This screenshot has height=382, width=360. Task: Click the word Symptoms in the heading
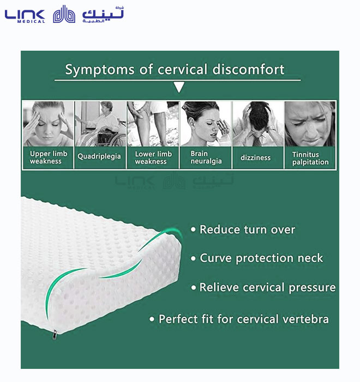coord(100,70)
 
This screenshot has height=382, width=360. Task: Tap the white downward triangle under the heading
coord(179,87)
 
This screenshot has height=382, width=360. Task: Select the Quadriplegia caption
coord(99,156)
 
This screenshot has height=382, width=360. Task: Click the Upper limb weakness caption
coord(49,157)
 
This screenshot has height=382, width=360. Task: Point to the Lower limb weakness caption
coord(153,157)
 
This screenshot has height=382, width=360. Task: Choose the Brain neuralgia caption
coord(206,157)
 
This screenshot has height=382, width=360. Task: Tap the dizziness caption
coord(256,157)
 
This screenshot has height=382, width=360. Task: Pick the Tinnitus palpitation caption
coord(310,159)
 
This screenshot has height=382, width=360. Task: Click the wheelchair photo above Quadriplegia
coord(100,124)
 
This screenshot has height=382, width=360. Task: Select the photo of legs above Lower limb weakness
coord(153,124)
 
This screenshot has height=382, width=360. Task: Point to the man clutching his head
coord(259,124)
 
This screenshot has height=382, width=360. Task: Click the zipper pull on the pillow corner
coord(55,335)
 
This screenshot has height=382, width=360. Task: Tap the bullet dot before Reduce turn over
coord(193,229)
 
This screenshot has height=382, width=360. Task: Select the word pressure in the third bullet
coord(312,288)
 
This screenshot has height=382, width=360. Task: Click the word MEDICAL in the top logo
coord(31,21)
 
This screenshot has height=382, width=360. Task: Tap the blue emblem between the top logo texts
coord(64,14)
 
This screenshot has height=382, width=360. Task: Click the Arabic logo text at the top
coord(103,14)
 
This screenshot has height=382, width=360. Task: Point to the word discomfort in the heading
coord(248,69)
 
